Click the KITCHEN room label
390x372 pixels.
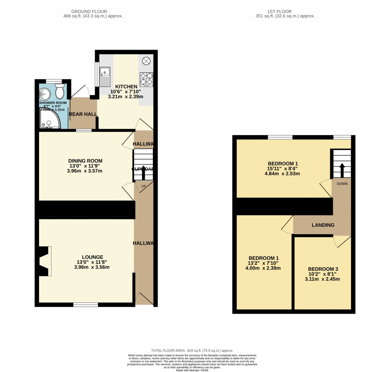coord(126,87)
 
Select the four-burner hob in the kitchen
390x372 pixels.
coord(146,79)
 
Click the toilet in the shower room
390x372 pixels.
coord(60,92)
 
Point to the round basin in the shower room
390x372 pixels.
coord(45,94)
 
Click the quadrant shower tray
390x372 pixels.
coord(49,119)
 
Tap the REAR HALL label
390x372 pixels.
coord(83,114)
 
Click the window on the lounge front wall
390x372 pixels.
coord(86,305)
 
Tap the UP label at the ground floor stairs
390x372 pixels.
coord(143,186)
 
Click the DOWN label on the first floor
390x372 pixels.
coord(341,184)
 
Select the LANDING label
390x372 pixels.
coord(323,225)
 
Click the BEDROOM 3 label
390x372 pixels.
coord(323,268)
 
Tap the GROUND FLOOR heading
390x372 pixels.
coord(93,12)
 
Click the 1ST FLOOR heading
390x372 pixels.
coord(285,12)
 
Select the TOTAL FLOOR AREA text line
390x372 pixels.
coord(192,351)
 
